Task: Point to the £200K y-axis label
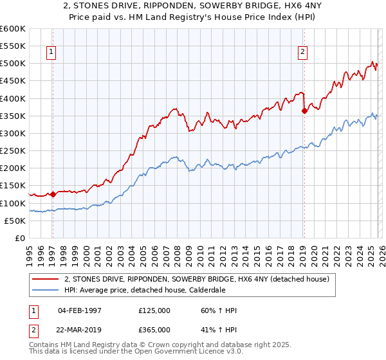coord(12,168)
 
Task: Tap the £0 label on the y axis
coord(19,238)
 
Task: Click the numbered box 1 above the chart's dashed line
coord(51,53)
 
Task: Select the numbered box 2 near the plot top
coord(302,53)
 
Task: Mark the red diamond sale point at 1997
coord(53,194)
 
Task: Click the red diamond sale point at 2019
coord(304,111)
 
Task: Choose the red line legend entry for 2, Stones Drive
coord(197,279)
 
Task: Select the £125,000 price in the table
coord(154,310)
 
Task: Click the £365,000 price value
coord(154,329)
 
